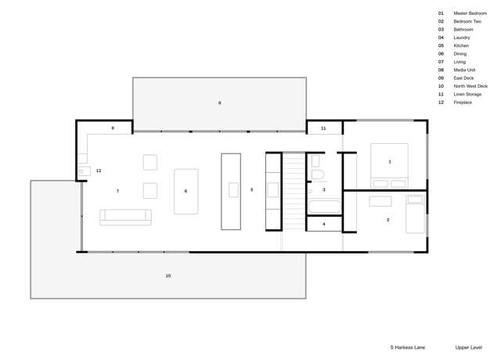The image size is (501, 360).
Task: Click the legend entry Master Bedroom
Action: pyautogui.click(x=470, y=13)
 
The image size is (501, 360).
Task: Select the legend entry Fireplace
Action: pyautogui.click(x=463, y=103)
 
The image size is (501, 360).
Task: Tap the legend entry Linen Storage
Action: pyautogui.click(x=467, y=94)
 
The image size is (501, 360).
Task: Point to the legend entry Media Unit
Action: pyautogui.click(x=464, y=70)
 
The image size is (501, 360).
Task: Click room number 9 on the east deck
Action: pyautogui.click(x=220, y=103)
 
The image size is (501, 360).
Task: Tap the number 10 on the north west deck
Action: pyautogui.click(x=168, y=275)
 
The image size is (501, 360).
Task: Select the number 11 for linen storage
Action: pyautogui.click(x=323, y=128)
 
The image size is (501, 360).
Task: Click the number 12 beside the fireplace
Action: pyautogui.click(x=99, y=171)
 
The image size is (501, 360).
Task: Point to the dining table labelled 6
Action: pyautogui.click(x=186, y=191)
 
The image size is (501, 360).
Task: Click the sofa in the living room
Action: pyautogui.click(x=125, y=217)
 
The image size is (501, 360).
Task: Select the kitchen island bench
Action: pyautogui.click(x=231, y=191)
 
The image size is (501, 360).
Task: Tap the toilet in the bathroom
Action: pyautogui.click(x=317, y=174)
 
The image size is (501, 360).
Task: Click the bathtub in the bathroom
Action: pyautogui.click(x=324, y=207)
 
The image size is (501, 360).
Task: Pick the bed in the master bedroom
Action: pyautogui.click(x=389, y=165)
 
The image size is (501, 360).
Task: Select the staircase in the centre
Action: pyautogui.click(x=294, y=191)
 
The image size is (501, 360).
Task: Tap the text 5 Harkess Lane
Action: pyautogui.click(x=408, y=347)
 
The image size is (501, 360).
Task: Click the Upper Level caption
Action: pyautogui.click(x=468, y=347)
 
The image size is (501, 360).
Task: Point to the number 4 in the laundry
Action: pyautogui.click(x=324, y=224)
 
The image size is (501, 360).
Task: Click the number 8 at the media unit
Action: pyautogui.click(x=113, y=128)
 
